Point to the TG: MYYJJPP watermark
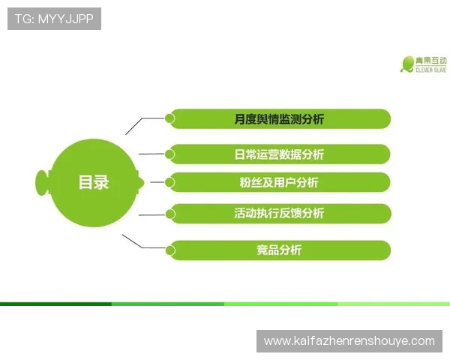[x=54, y=18]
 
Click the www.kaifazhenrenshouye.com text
[x=349, y=341]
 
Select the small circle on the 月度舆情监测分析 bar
[x=170, y=118]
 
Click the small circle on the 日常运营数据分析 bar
[x=170, y=154]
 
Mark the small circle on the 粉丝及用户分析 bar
[x=170, y=181]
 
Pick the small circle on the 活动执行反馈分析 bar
[x=170, y=213]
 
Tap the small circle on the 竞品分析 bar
[x=170, y=250]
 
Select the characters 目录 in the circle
[x=94, y=182]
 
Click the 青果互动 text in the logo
[x=431, y=60]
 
